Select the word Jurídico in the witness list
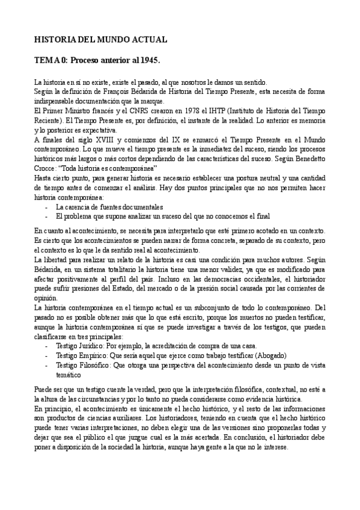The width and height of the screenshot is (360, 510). pyautogui.click(x=90, y=346)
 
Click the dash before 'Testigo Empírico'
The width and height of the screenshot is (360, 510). pyautogui.click(x=47, y=356)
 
